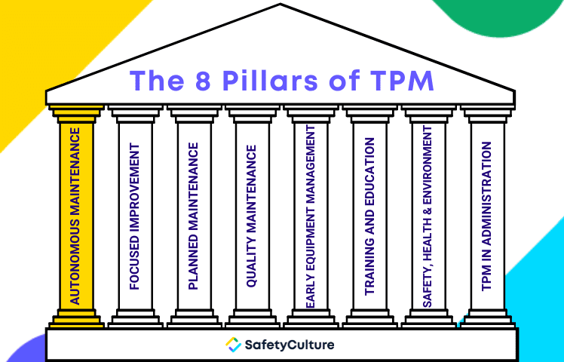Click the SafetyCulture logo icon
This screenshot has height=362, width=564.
point(234,345)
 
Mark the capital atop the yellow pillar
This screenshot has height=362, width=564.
point(76,113)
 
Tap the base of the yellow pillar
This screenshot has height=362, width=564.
point(76,320)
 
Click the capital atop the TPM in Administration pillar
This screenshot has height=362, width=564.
point(487,113)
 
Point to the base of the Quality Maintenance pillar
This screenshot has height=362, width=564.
point(253,320)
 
